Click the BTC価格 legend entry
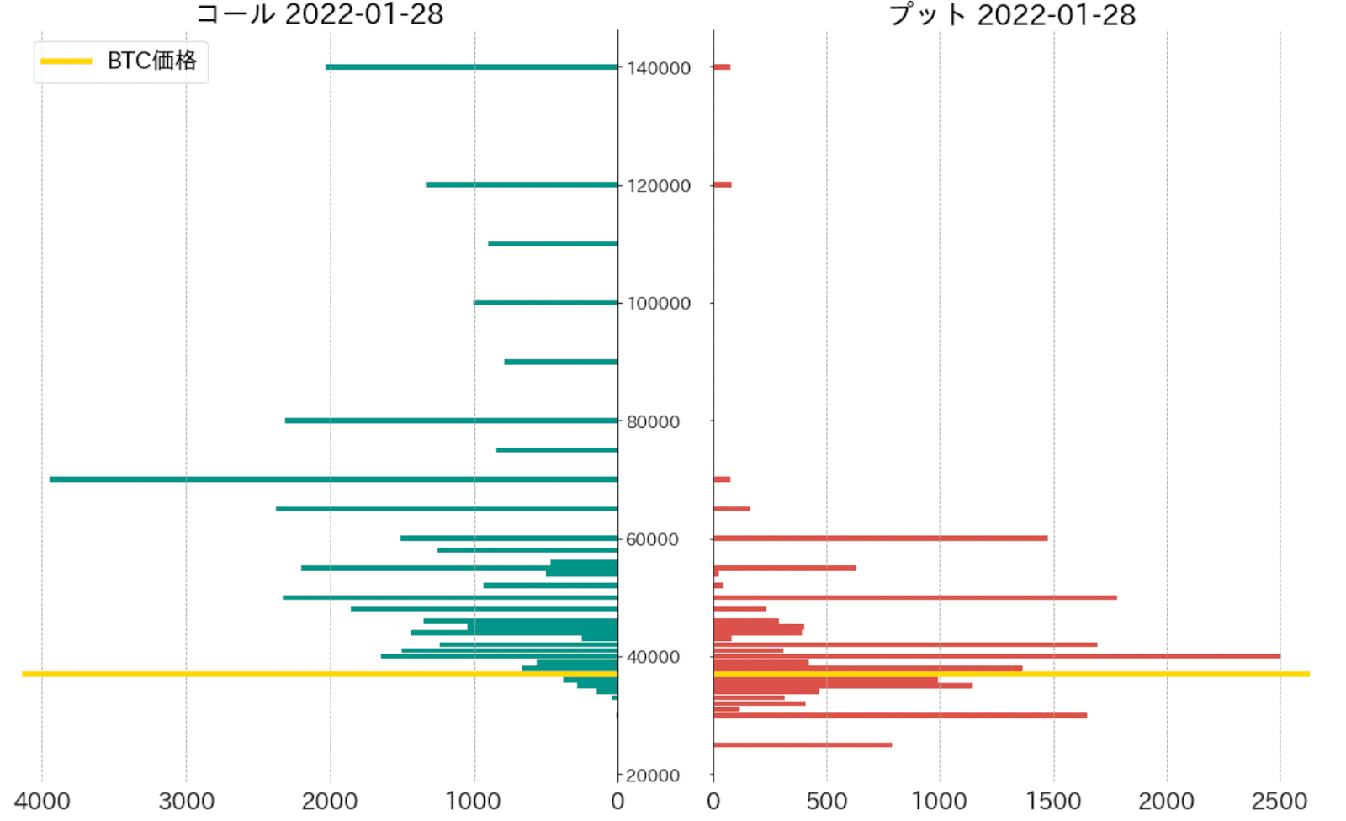point(120,61)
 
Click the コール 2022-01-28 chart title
point(320,14)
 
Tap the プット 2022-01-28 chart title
point(1012,14)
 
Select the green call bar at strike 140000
point(471,66)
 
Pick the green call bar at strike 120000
point(522,184)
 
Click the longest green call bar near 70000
point(333,479)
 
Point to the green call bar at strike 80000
point(451,421)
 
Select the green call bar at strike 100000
point(545,302)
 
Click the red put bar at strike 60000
point(880,538)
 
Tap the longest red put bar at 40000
point(997,656)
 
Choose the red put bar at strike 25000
point(803,744)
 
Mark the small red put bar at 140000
point(722,66)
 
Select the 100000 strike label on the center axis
point(659,304)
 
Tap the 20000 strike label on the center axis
point(653,776)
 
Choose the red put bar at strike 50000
point(915,597)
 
